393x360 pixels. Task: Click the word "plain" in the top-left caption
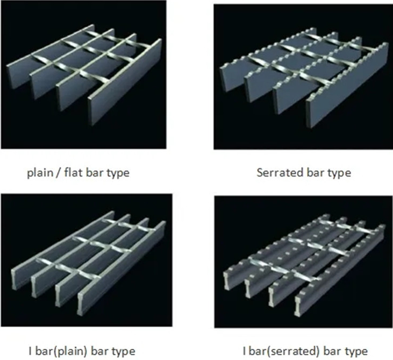coord(40,173)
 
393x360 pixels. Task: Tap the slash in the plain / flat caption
coord(59,173)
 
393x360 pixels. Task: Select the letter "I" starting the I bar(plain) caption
coord(30,351)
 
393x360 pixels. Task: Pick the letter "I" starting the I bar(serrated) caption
coord(244,351)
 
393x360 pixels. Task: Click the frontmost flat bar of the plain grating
coord(125,82)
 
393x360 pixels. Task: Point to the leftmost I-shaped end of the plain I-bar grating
coord(15,280)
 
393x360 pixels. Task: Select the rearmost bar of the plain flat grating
coord(50,57)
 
